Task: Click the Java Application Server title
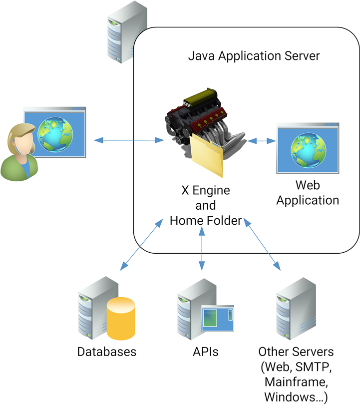pos(254,55)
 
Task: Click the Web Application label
pos(308,193)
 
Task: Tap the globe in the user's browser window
pos(54,133)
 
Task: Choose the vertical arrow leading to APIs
pos(202,247)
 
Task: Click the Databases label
pos(106,352)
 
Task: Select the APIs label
pos(205,352)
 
